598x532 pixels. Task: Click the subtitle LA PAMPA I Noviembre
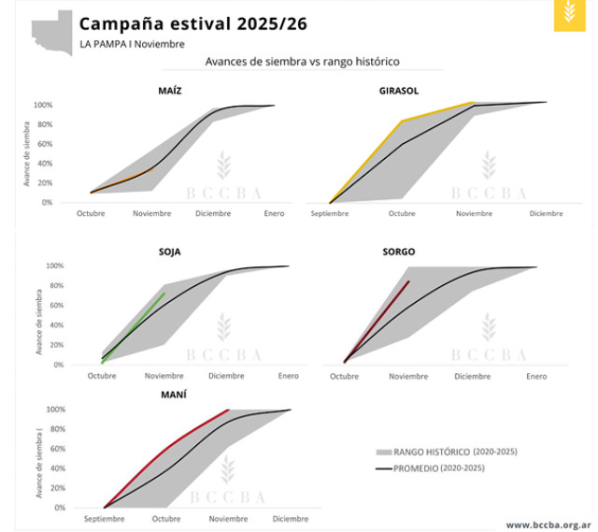coord(132,44)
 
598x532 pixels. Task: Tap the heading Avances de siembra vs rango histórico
coord(302,62)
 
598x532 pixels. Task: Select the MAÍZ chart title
coord(170,91)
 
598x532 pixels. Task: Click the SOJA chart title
coord(170,252)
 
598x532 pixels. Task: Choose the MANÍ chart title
coord(173,395)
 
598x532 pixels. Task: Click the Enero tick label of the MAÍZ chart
coord(273,214)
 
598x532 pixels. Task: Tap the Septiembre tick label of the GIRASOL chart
coord(329,214)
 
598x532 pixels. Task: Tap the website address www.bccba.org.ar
coord(547,525)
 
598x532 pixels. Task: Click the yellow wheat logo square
coord(570,15)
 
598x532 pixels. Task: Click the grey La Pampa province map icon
coord(52,31)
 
